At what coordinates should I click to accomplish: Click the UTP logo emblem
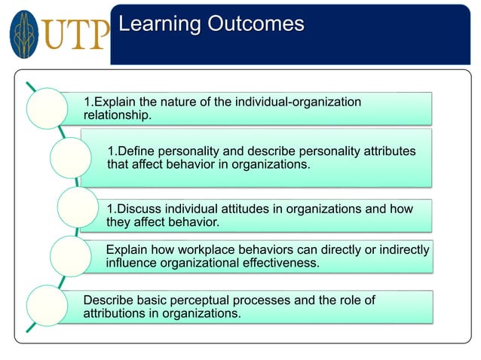pyautogui.click(x=24, y=35)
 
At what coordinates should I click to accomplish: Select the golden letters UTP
pyautogui.click(x=75, y=35)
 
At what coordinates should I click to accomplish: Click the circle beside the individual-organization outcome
pyautogui.click(x=47, y=108)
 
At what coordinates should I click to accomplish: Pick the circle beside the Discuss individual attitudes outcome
pyautogui.click(x=77, y=208)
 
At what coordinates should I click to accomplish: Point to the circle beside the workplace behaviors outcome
pyautogui.click(x=70, y=255)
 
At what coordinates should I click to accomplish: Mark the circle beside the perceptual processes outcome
pyautogui.click(x=47, y=307)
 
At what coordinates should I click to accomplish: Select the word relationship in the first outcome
pyautogui.click(x=115, y=115)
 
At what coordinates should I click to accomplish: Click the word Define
pyautogui.click(x=136, y=151)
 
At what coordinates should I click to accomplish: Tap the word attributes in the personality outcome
pyautogui.click(x=388, y=151)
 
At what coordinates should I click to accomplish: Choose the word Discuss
pyautogui.click(x=139, y=209)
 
